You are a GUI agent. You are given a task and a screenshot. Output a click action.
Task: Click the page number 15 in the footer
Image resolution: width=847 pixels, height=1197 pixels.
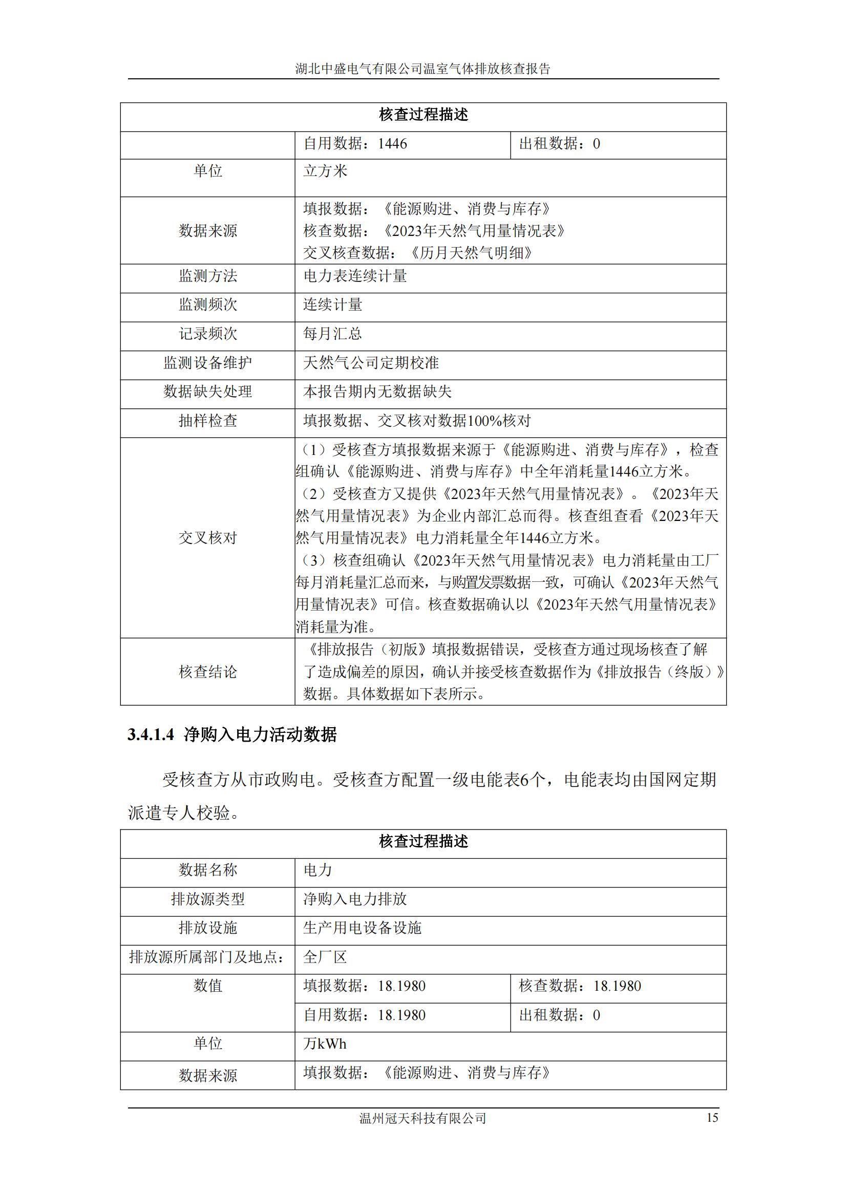[x=712, y=1118]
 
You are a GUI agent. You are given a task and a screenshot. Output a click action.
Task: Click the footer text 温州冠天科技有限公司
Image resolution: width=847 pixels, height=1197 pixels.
[x=422, y=1118]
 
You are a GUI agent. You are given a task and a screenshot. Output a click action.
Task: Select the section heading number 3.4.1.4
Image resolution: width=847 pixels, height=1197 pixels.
[x=151, y=734]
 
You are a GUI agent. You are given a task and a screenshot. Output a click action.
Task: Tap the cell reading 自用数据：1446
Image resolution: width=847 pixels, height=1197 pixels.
[x=355, y=144]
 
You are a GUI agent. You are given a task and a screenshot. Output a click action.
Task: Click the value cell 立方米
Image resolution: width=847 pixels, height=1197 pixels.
[x=326, y=171]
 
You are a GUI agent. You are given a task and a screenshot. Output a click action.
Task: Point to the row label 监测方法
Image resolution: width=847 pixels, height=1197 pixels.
[x=207, y=276]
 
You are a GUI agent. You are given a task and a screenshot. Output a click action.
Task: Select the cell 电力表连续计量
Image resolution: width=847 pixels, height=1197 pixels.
[x=355, y=276]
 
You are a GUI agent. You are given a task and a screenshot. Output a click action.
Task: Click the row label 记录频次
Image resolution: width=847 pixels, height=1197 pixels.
[x=207, y=334]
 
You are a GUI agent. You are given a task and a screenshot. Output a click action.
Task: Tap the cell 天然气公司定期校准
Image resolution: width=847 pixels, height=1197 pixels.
[x=371, y=363]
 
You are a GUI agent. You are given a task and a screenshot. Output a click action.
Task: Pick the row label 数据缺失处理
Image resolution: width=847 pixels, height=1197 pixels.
[x=207, y=391]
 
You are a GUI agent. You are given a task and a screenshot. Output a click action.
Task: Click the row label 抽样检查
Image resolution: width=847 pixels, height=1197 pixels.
[x=207, y=421]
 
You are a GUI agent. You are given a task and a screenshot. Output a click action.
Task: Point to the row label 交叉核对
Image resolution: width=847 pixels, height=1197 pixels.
[x=207, y=538]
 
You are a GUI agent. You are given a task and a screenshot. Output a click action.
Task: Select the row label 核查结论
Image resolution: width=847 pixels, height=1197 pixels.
[x=207, y=672]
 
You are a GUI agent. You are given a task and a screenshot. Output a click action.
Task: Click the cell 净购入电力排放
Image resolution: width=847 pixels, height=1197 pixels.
[x=355, y=899]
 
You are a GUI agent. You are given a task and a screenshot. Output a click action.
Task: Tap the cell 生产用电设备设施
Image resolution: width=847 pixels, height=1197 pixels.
[x=362, y=928]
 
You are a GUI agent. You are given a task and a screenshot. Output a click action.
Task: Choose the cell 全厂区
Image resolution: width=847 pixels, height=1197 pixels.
[x=325, y=957]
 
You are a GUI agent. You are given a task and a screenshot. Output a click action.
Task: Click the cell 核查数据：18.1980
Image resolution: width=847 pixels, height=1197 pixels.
[x=580, y=986]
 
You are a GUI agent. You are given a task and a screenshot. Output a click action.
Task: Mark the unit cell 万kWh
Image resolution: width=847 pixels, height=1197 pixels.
[x=325, y=1043]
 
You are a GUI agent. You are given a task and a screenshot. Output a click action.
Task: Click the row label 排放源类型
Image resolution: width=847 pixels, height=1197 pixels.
[x=207, y=899]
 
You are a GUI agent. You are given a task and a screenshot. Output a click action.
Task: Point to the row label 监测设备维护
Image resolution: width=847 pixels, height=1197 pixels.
[x=207, y=363]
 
